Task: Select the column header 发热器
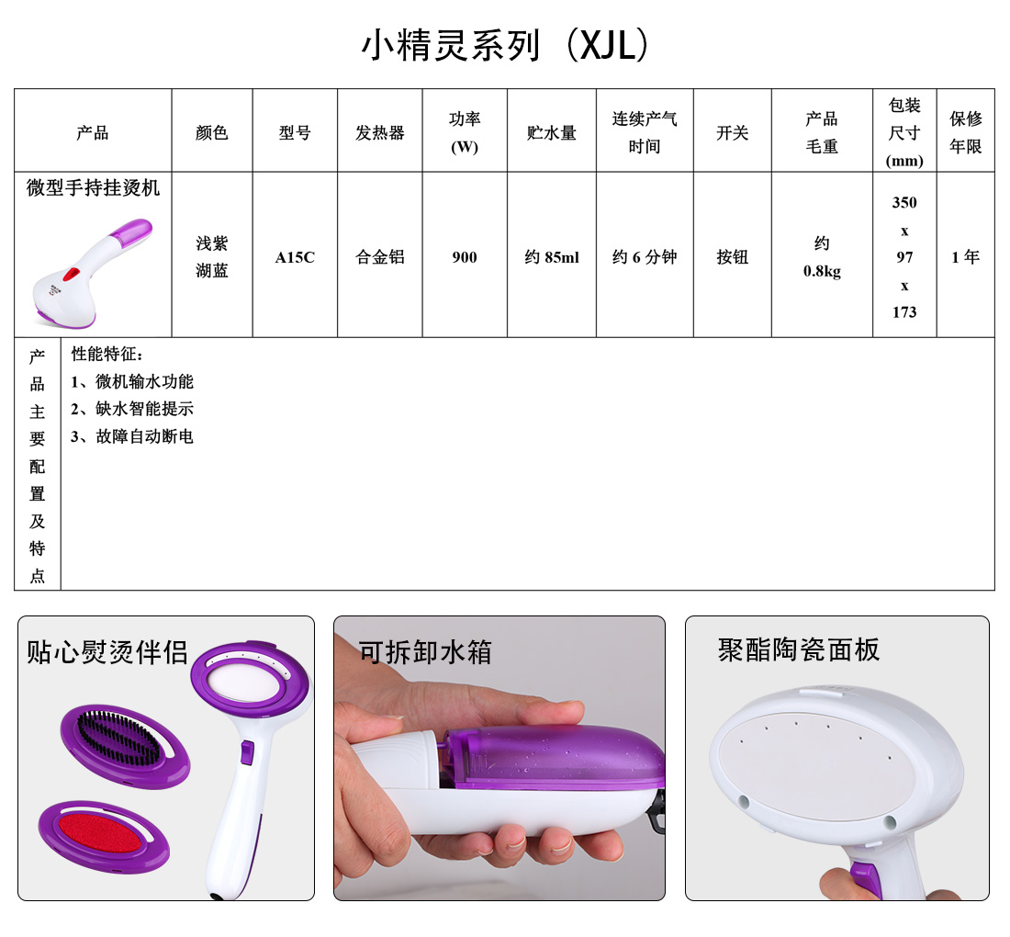click(380, 133)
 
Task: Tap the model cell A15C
click(295, 257)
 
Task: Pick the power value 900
click(465, 257)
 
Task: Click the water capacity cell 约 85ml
click(552, 257)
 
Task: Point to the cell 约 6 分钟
click(645, 257)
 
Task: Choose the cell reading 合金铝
click(380, 257)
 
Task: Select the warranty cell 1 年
click(966, 257)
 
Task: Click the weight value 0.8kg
click(822, 271)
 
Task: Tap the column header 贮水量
click(552, 133)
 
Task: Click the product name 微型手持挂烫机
click(94, 187)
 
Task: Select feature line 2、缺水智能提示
click(132, 409)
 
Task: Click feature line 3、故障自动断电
click(132, 436)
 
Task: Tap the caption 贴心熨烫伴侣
click(107, 652)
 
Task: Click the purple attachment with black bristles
click(126, 746)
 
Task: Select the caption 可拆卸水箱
click(425, 652)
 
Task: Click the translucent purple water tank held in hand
click(554, 757)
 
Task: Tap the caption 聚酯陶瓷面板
click(799, 649)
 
